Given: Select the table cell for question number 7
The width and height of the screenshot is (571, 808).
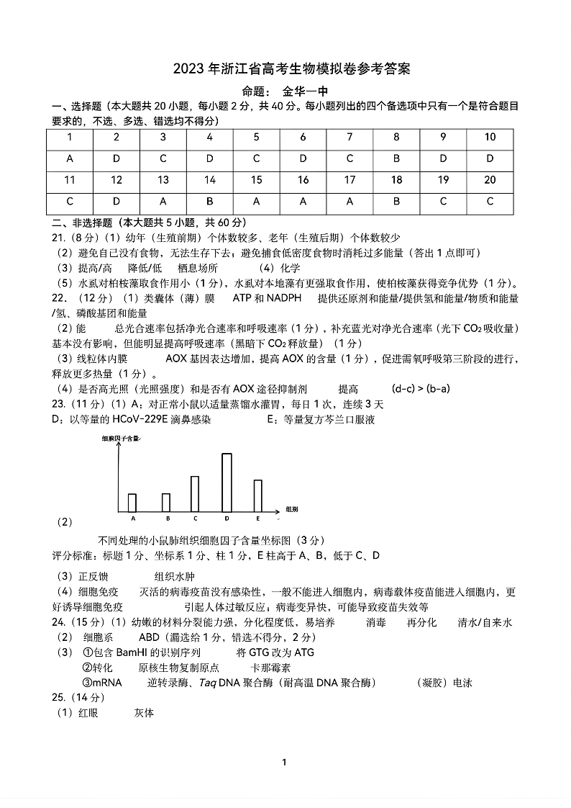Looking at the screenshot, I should (350, 138).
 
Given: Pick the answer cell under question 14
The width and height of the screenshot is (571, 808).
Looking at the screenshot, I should (210, 202).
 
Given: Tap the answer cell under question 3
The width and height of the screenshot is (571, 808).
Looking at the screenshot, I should (163, 158).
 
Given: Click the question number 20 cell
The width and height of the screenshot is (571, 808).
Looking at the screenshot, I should (490, 180).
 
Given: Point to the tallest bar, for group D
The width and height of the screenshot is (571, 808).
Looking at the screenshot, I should (227, 482).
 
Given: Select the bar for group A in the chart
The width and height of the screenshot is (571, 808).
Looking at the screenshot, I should (132, 502).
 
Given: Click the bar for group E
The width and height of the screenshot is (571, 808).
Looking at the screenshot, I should (258, 495).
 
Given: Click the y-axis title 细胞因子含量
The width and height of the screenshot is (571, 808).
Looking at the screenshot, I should (117, 438).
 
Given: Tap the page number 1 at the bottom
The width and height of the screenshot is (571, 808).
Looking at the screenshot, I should (285, 763).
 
